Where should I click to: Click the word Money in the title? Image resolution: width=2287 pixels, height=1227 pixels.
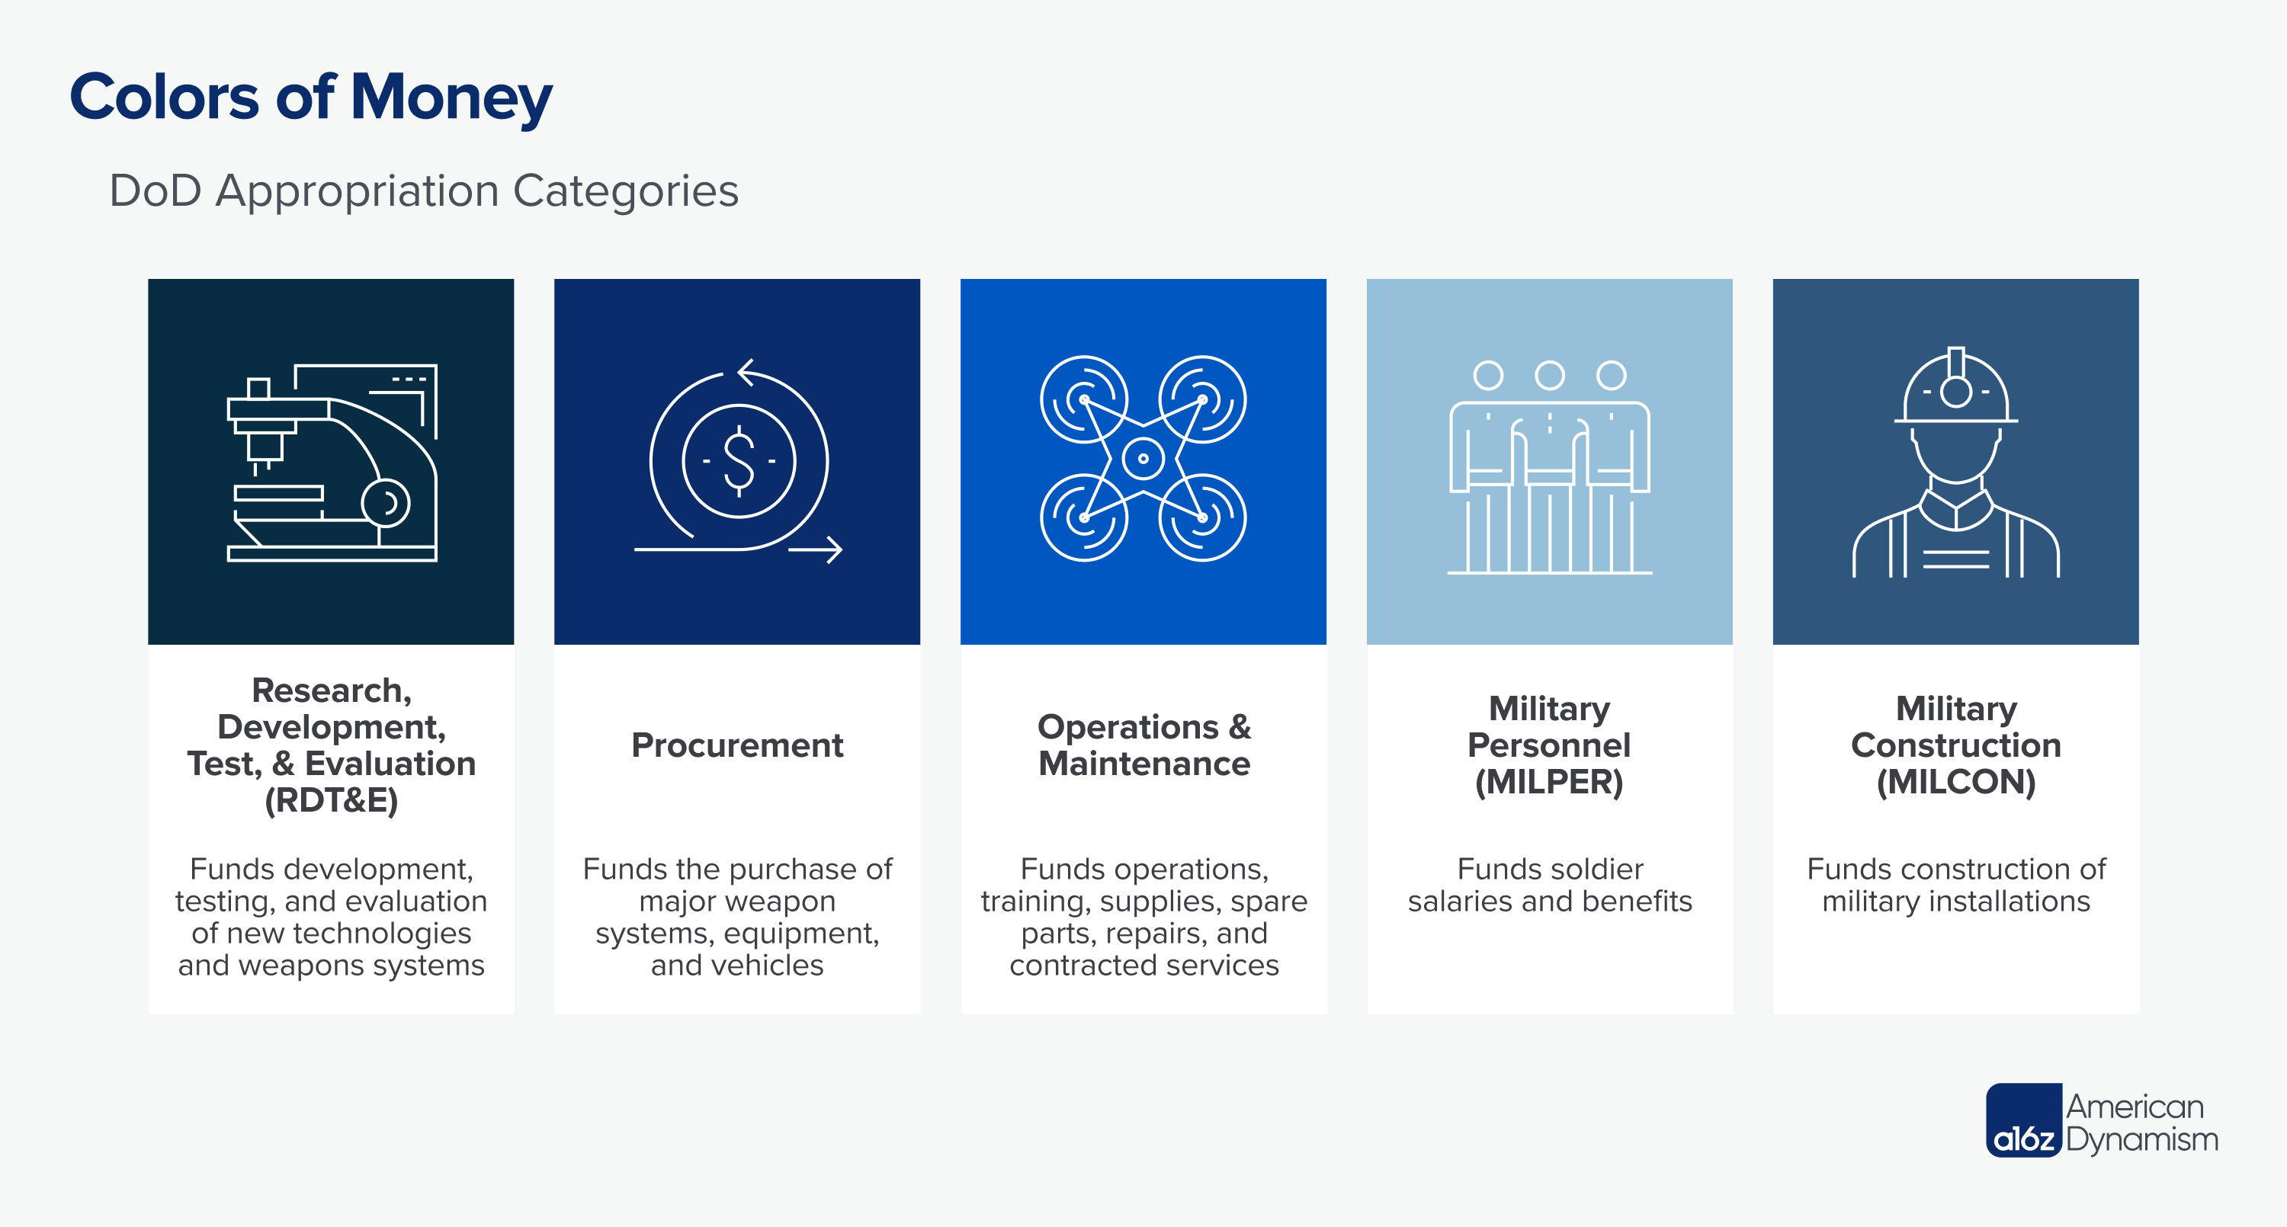point(451,98)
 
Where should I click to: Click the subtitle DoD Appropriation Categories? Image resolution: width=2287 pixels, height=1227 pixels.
point(424,191)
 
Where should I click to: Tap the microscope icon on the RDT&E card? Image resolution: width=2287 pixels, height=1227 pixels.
point(332,462)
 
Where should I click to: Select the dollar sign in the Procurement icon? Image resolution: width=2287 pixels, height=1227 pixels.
point(739,460)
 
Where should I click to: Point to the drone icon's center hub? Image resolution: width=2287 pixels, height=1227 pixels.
point(1143,459)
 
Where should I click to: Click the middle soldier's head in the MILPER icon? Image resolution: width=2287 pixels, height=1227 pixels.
point(1549,375)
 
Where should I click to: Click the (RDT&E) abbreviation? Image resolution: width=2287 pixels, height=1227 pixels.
point(331,801)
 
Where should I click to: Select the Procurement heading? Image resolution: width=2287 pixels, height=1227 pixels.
point(737,746)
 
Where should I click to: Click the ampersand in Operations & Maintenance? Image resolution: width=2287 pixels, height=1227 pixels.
point(1240,727)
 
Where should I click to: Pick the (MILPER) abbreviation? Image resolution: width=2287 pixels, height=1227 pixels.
point(1549,782)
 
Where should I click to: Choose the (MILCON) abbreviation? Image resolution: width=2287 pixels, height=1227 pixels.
point(1956,782)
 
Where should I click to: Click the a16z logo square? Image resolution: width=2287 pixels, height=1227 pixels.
point(2023,1120)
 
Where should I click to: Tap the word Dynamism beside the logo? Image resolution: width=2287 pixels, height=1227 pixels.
point(2141,1139)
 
